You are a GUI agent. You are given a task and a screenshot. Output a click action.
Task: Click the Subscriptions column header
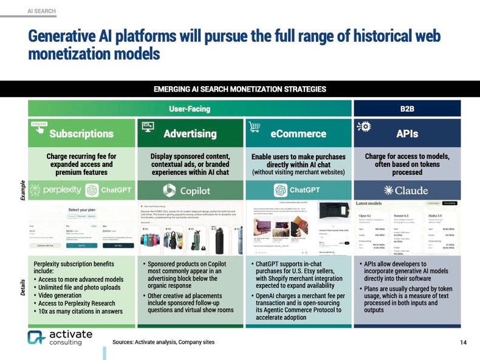[81, 132]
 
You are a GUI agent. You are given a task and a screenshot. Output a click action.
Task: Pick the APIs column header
[406, 132]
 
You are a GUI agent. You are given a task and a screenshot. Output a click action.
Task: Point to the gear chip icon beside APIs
[366, 126]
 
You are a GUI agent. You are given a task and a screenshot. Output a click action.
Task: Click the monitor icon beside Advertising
[147, 126]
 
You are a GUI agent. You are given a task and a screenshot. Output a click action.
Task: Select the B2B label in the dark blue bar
[408, 109]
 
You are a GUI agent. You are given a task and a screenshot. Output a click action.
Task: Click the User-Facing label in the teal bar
[190, 109]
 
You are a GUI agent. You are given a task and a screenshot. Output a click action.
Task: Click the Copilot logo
[188, 190]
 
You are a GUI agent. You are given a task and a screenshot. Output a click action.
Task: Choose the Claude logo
[406, 190]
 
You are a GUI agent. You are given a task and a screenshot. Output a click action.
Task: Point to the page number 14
[464, 342]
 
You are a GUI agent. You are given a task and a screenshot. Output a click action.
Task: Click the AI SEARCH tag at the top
[41, 11]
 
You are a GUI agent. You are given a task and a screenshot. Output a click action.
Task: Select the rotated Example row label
[23, 191]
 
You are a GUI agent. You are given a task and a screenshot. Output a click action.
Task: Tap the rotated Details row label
[23, 285]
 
